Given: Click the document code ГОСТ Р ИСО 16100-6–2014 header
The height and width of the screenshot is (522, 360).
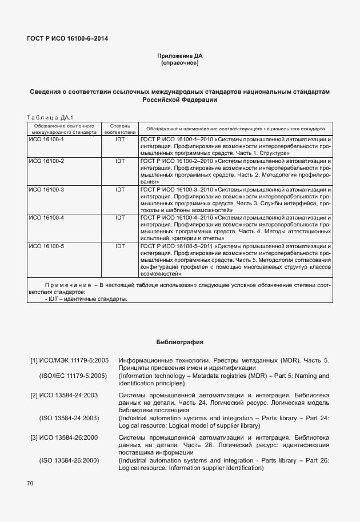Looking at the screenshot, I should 67,39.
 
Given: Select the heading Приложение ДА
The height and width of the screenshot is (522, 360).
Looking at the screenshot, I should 179,55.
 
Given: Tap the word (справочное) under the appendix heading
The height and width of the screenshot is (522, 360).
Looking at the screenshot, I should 179,63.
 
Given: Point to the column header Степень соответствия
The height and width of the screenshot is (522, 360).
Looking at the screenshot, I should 119,128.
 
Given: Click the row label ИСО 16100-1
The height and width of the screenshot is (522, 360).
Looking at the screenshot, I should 46,139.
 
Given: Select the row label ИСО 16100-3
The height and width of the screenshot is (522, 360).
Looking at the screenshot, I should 46,189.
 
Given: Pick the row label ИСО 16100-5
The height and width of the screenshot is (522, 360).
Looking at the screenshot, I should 46,246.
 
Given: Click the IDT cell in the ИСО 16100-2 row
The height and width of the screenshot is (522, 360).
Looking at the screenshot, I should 120,161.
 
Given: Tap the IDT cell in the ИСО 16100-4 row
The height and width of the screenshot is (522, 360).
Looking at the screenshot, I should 120,218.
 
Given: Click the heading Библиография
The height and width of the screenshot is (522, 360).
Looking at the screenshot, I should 179,342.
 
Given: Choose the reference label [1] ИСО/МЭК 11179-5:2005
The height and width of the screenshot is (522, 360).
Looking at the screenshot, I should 69,361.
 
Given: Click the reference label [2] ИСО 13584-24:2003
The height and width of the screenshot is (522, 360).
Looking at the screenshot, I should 65,395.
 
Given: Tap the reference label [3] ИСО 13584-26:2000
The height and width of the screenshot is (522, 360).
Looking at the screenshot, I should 65,437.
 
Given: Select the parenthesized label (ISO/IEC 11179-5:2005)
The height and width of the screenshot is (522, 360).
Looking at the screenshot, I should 73,376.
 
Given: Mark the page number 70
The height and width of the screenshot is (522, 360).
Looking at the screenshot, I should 30,484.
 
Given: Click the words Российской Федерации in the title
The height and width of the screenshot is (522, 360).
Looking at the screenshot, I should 179,99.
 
